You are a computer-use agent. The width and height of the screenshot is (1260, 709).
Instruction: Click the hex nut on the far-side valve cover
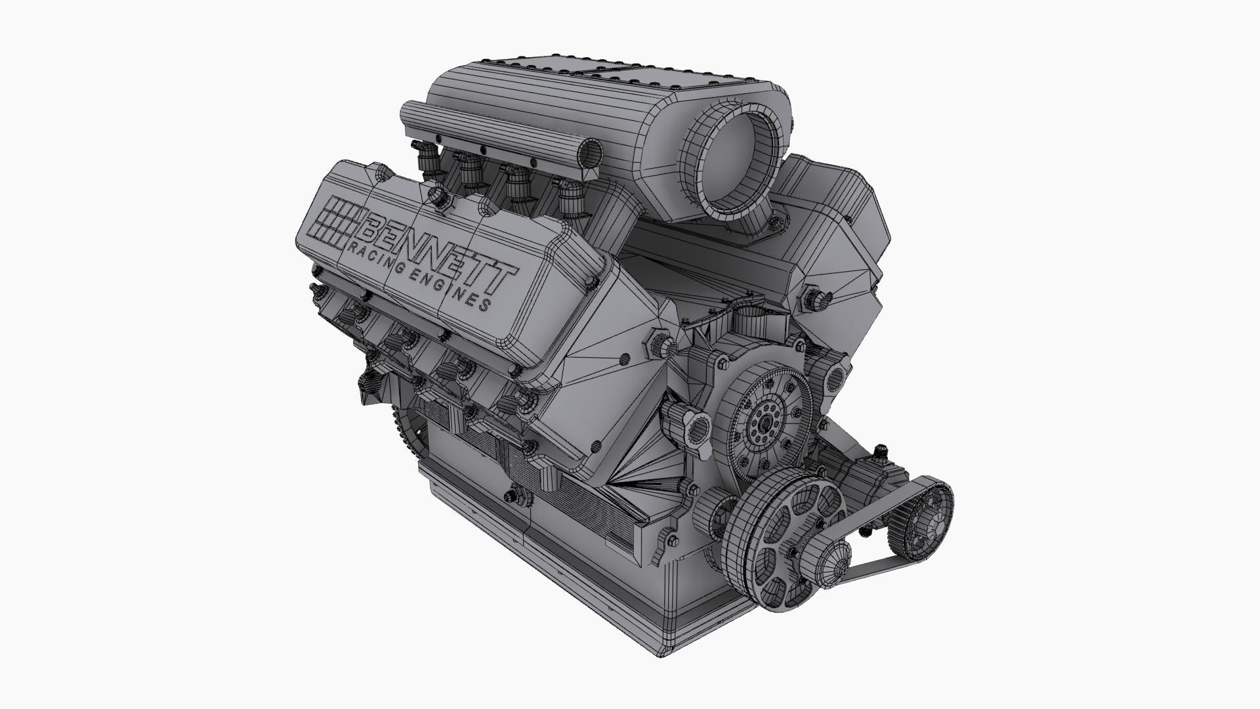pos(814,299)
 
